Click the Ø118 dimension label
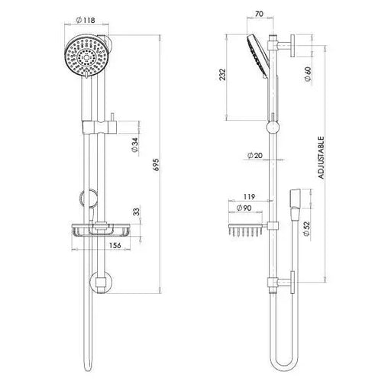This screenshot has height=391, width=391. tap(86, 20)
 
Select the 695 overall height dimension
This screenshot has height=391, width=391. tap(156, 164)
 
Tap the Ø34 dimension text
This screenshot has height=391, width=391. tap(135, 145)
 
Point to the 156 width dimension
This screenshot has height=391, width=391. tap(115, 246)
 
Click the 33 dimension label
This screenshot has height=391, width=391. tap(137, 212)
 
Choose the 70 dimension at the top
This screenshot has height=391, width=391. tap(259, 14)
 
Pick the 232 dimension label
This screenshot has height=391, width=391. tap(223, 75)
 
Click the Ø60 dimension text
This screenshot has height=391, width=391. tap(308, 74)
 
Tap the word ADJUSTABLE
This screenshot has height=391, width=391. tap(322, 158)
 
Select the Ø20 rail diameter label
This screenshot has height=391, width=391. tap(255, 155)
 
